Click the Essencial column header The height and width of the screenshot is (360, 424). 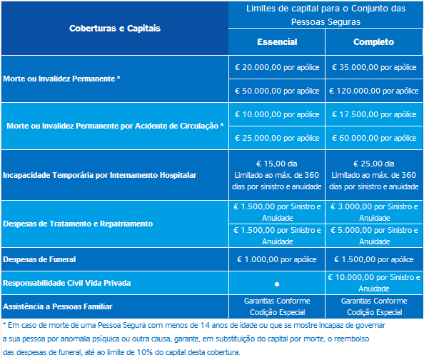pos(277,42)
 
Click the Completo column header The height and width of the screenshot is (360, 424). pos(375,42)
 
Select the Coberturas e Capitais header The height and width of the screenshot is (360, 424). pos(115,29)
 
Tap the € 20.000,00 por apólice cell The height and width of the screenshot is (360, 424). pos(277,66)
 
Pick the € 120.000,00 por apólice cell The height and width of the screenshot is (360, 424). pos(375,91)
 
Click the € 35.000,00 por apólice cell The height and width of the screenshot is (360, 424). pos(375,66)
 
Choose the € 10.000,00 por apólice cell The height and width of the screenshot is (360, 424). pos(277,114)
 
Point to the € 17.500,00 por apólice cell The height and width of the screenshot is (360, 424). pos(375,114)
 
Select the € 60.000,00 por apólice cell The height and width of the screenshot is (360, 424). pos(375,138)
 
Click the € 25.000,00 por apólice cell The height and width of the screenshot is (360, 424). pos(277,138)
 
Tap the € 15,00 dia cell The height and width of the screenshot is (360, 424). pos(277,164)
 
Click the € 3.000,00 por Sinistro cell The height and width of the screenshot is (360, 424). pos(375,211)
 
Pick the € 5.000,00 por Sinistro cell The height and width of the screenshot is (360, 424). pos(375,236)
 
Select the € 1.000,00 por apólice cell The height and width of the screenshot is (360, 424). pos(277,259)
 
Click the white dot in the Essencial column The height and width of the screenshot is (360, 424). pos(277,284)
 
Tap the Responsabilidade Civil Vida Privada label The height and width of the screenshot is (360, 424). pos(67,284)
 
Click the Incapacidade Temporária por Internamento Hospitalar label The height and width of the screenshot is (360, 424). pos(99,175)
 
